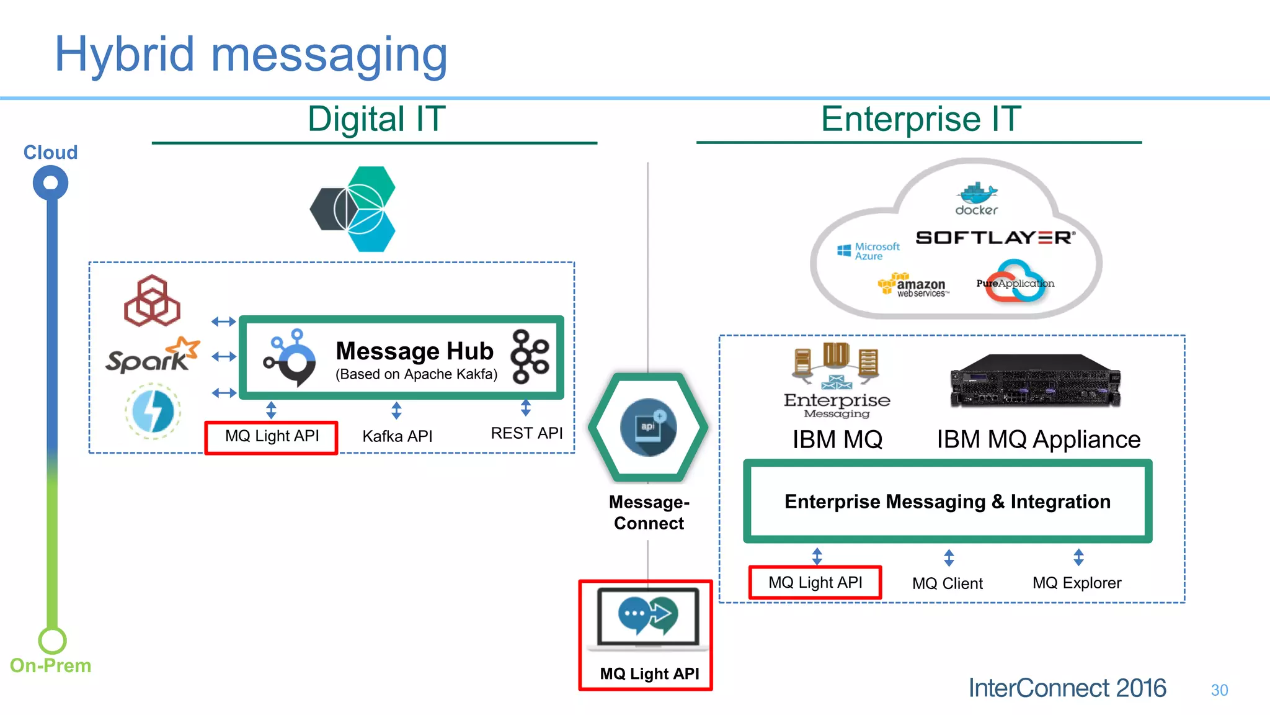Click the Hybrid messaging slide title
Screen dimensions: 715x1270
(251, 55)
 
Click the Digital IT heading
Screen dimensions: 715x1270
(376, 119)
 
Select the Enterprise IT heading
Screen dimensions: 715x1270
(920, 119)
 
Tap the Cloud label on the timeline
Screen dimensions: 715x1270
(50, 152)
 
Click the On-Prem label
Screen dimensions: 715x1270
(50, 665)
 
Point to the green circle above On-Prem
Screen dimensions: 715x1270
(52, 640)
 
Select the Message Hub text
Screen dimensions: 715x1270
(414, 351)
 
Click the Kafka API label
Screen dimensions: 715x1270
(397, 436)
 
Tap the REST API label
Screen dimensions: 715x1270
(526, 433)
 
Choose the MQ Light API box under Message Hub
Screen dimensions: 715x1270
(272, 436)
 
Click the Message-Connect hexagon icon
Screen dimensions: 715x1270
(648, 428)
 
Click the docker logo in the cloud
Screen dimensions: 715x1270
(976, 199)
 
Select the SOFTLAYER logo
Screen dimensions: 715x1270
(995, 238)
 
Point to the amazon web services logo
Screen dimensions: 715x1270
(913, 286)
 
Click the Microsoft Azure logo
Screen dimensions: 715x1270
(868, 251)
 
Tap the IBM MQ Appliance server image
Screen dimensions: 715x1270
(1035, 380)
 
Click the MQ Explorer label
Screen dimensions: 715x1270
(1077, 583)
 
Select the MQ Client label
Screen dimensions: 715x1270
(947, 583)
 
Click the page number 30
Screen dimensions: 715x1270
(1219, 690)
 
